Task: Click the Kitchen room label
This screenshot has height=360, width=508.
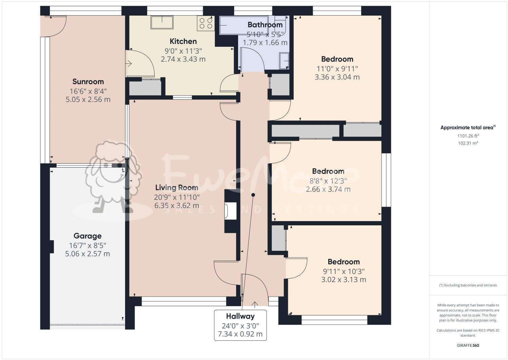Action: point(183,41)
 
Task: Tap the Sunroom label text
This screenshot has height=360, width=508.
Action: point(88,82)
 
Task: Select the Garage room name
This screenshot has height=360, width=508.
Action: point(87,236)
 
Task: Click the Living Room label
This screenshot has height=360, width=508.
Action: point(177,188)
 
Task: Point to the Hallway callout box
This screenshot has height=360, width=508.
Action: point(240,325)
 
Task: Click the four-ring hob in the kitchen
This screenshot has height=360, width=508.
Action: point(206,23)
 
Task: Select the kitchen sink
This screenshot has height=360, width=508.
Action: point(162,22)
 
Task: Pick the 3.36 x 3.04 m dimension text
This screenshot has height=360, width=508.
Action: point(337,77)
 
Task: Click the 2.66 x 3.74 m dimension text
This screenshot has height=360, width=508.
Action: point(328,189)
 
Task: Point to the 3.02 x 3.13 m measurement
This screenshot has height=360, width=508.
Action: point(344,280)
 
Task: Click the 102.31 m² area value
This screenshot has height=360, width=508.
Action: point(468,143)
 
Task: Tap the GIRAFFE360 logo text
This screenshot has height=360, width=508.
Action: point(468,346)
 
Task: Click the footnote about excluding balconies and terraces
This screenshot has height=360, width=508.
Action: point(468,285)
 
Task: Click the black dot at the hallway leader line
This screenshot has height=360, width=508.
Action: point(253,195)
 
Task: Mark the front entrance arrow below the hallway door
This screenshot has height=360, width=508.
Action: point(255,303)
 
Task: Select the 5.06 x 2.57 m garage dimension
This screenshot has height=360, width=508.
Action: point(87,254)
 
